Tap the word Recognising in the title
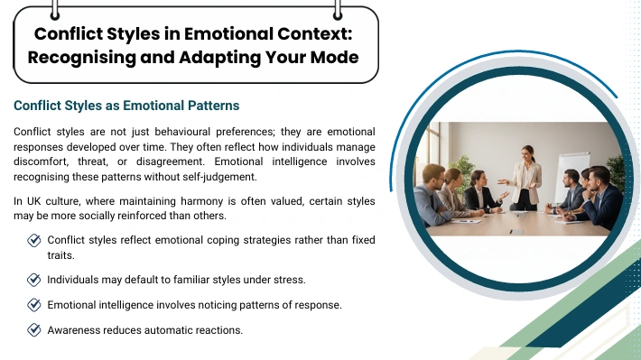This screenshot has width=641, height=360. tap(82, 57)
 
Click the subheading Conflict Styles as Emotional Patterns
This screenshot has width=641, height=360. tap(126, 106)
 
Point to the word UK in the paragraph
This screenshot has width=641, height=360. tap(34, 201)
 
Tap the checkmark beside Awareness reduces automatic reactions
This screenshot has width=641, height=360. tap(34, 329)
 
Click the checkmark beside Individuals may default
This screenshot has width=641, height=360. tap(34, 280)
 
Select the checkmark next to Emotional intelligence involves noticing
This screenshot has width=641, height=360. tap(34, 305)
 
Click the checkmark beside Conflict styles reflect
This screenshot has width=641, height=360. tap(34, 240)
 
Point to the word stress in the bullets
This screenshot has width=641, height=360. tap(292, 280)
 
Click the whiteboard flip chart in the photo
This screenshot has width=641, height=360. tap(571, 176)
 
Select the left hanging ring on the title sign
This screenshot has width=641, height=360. tap(55, 11)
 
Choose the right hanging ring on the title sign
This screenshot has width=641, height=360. tap(338, 11)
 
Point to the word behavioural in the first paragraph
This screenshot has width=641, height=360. tap(181, 132)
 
